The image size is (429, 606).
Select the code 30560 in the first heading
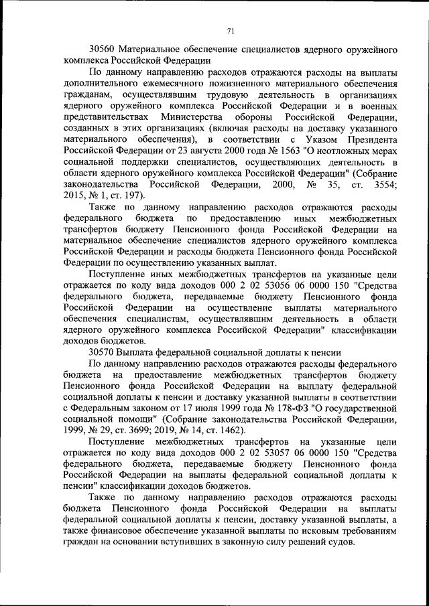(x=102, y=50)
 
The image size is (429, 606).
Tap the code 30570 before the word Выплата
(x=102, y=351)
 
